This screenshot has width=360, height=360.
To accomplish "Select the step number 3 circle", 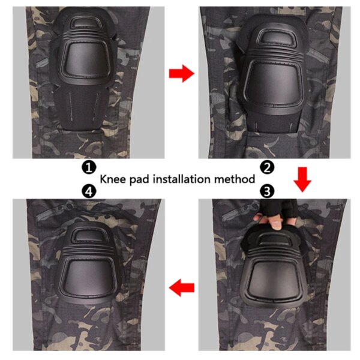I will pos(268,191).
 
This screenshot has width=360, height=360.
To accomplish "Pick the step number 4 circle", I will pos(89,191).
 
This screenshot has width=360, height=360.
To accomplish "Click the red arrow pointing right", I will pos(181,74).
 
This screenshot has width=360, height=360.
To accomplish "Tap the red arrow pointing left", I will pos(181,289).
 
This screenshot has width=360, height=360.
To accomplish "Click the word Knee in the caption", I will pos(112,179).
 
